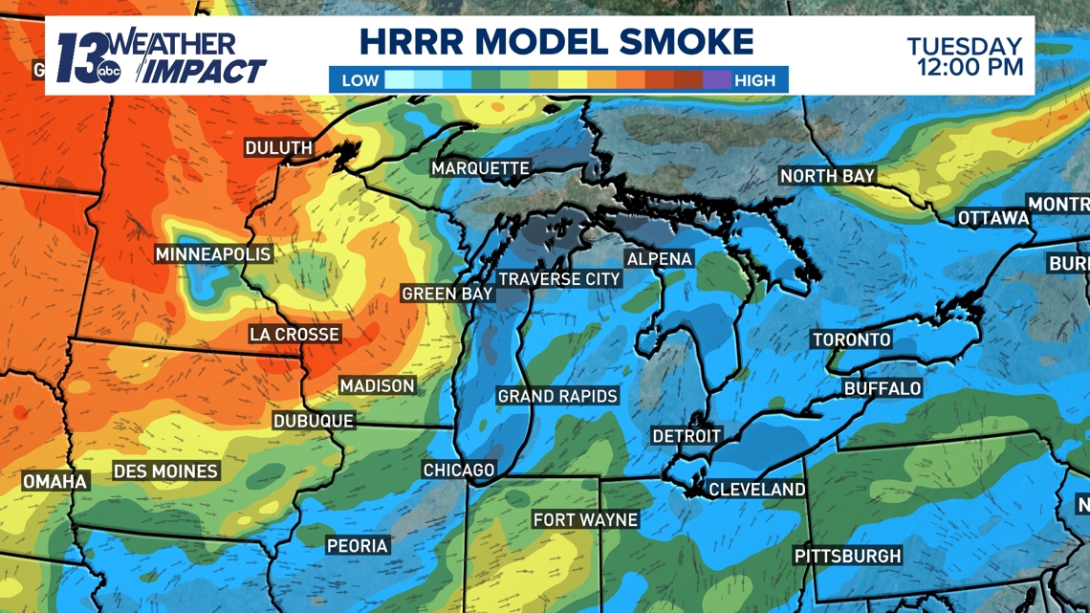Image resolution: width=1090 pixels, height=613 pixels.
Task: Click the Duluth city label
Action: click(x=279, y=148)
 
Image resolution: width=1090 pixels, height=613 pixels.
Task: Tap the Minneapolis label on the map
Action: click(x=213, y=254)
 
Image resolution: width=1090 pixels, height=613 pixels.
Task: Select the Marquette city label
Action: click(x=480, y=168)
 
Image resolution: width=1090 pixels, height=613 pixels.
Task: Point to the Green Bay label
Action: click(x=447, y=294)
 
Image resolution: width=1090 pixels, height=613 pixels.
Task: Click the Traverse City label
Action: click(x=559, y=279)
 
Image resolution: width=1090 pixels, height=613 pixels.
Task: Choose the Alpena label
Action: click(x=659, y=259)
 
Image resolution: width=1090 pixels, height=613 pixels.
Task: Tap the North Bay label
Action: click(x=828, y=176)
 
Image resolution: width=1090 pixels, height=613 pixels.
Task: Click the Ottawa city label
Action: click(x=993, y=218)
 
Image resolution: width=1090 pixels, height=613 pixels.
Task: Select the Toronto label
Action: click(x=851, y=339)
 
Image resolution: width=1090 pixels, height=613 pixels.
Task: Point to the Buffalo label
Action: click(x=883, y=388)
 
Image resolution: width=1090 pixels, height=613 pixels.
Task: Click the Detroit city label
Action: click(x=687, y=436)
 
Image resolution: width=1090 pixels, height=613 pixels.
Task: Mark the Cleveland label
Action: click(x=757, y=490)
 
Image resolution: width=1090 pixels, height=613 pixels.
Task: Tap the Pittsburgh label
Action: click(x=847, y=557)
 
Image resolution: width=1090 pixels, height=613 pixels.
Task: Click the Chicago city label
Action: click(x=459, y=471)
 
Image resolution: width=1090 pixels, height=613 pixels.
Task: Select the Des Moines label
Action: click(x=165, y=471)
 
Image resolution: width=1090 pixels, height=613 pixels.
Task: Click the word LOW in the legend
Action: click(x=360, y=80)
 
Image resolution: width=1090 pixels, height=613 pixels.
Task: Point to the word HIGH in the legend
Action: click(x=754, y=80)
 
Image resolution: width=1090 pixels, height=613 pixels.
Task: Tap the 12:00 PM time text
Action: click(x=970, y=67)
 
